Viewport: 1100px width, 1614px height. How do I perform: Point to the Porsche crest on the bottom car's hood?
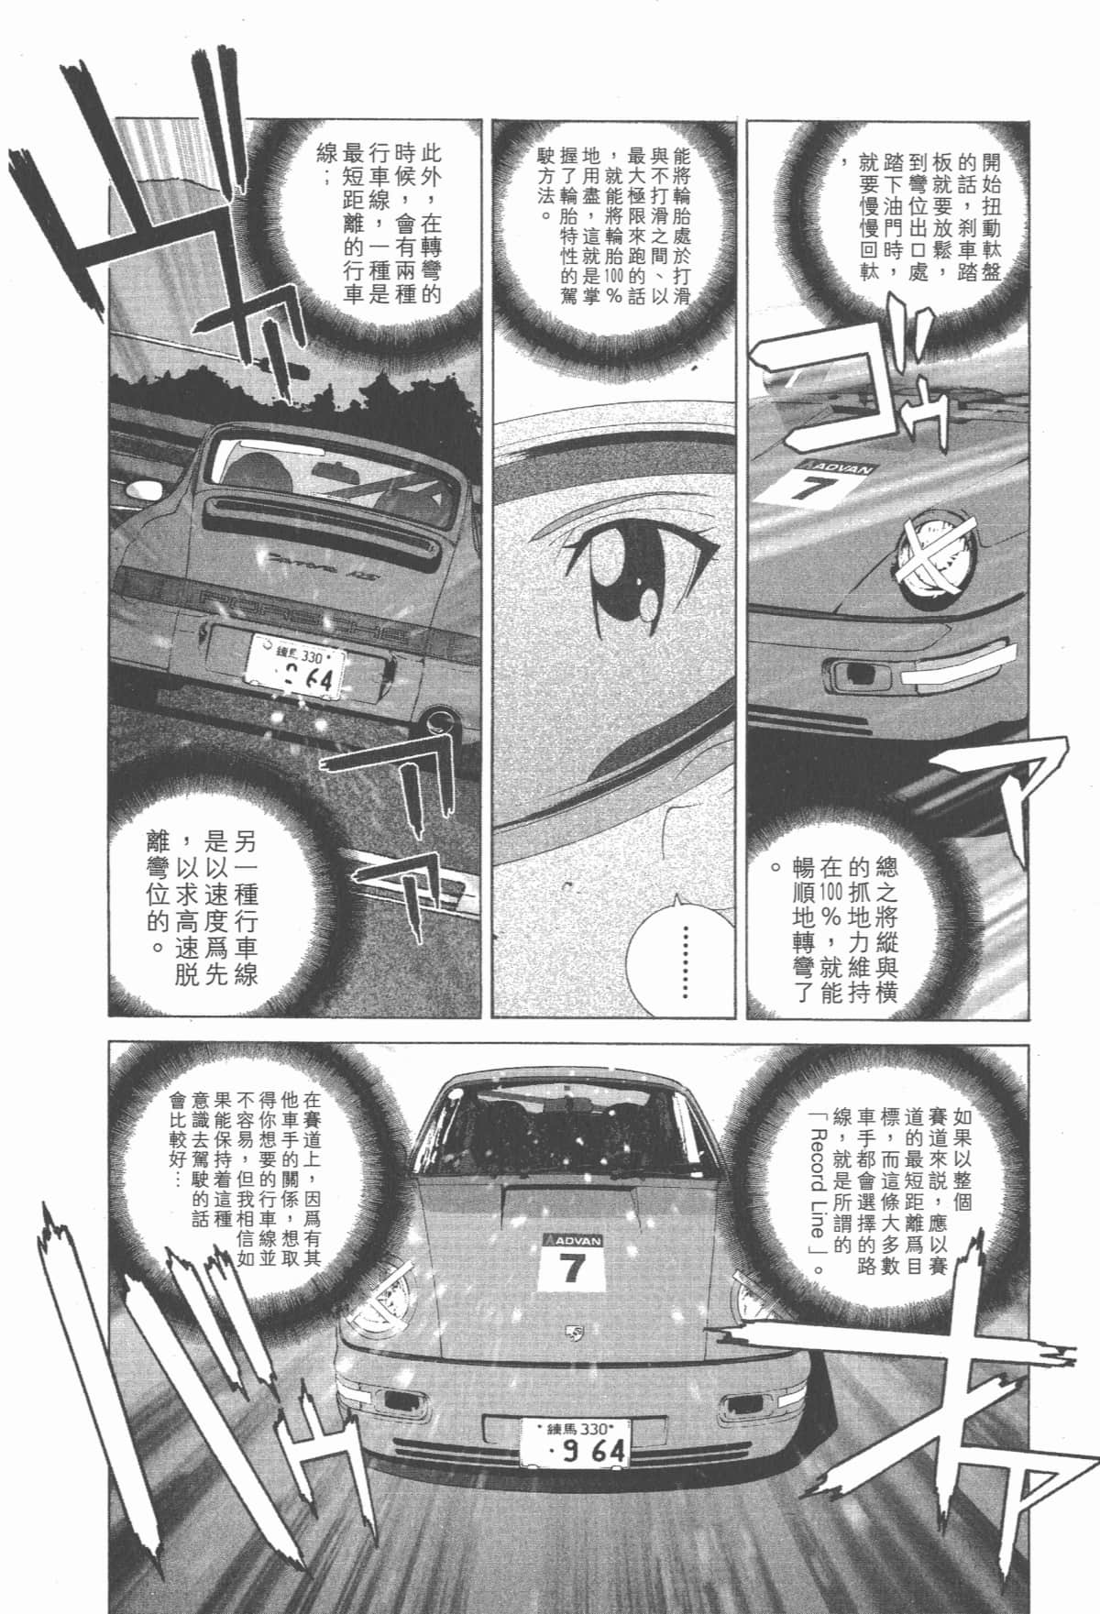[575, 1333]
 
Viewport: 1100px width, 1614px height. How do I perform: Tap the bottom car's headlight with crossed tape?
[390, 1293]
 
